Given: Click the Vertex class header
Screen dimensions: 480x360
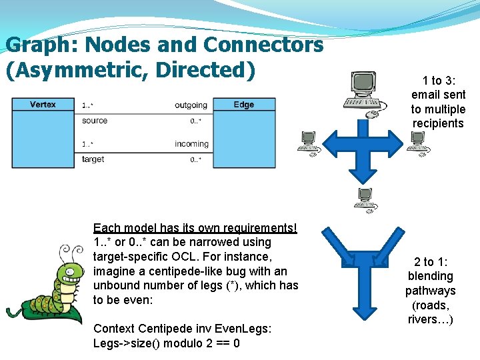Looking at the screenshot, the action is [43, 105].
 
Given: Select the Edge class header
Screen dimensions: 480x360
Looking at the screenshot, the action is [243, 105].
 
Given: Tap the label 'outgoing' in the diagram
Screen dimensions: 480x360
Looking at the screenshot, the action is [191, 105].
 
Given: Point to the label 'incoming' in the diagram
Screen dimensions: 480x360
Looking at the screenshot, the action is [191, 144].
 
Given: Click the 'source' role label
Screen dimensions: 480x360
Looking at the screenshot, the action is [95, 121].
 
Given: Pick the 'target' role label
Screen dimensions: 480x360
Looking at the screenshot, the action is [93, 159].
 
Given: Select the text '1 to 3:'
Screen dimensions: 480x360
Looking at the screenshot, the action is [439, 81].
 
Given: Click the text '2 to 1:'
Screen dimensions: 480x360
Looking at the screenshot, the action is [430, 262].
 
